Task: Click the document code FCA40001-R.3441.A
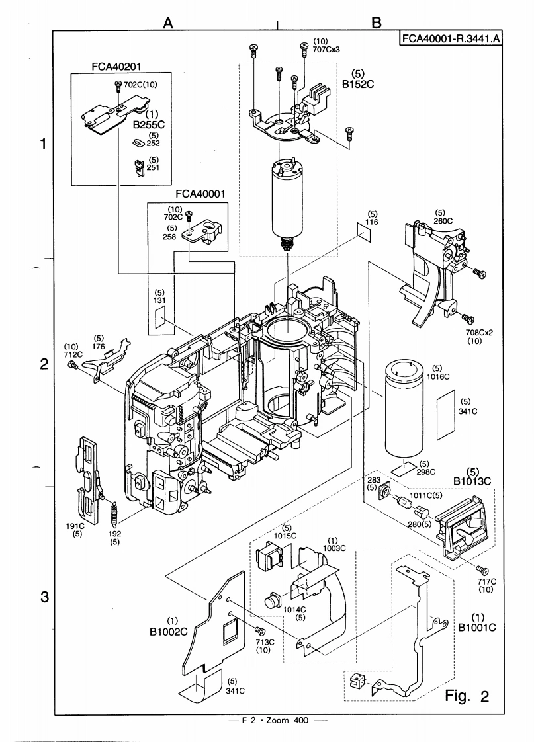450,38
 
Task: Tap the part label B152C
353,84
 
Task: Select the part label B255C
148,123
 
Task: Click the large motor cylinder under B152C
286,201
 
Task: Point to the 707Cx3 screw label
308,49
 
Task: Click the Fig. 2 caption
466,696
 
